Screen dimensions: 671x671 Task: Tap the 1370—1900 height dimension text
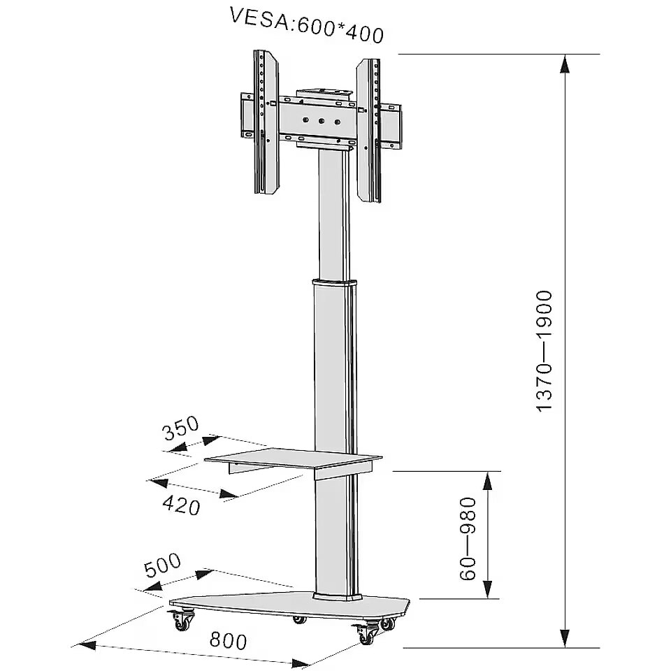point(544,351)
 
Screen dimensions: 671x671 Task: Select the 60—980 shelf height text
point(468,538)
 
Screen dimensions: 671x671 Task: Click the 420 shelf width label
point(182,506)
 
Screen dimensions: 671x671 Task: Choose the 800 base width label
point(228,641)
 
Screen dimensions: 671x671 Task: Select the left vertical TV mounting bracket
point(266,122)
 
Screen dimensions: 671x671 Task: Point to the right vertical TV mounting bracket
point(368,131)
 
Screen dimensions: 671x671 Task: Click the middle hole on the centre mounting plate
point(321,122)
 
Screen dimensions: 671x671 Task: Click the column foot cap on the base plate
point(337,596)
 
